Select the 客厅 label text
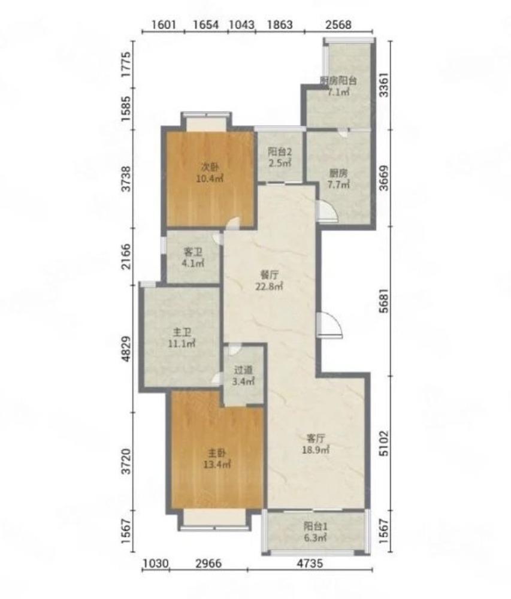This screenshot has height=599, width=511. pyautogui.click(x=316, y=438)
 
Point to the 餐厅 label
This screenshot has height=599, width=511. pyautogui.click(x=269, y=275)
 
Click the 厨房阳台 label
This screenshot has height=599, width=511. pyautogui.click(x=338, y=81)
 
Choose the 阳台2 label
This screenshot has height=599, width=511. pyautogui.click(x=280, y=152)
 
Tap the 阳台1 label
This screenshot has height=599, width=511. pyautogui.click(x=316, y=527)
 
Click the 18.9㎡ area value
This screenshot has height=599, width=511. pyautogui.click(x=316, y=450)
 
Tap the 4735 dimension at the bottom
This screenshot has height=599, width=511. pyautogui.click(x=310, y=563)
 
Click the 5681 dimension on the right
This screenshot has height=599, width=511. pyautogui.click(x=384, y=301)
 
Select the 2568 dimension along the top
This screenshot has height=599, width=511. pyautogui.click(x=338, y=25)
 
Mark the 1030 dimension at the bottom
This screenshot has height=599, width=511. pyautogui.click(x=155, y=563)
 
